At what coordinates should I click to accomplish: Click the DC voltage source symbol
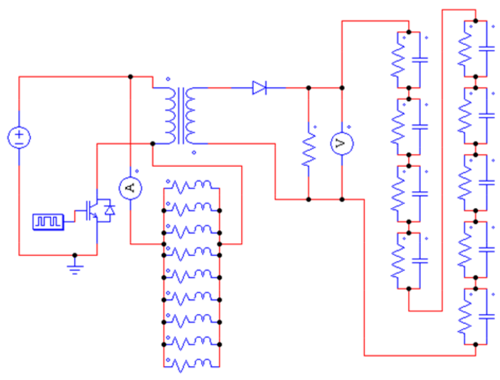[x=19, y=138]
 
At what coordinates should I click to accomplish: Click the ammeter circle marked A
[x=130, y=188]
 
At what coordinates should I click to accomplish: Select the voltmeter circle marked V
[x=342, y=144]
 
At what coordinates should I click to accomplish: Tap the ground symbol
[x=75, y=269]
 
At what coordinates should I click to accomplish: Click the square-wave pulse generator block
[x=48, y=222]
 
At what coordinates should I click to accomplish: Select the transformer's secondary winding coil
[x=190, y=116]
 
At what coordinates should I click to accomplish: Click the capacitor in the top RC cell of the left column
[x=420, y=60]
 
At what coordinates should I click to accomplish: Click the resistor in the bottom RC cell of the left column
[x=398, y=261]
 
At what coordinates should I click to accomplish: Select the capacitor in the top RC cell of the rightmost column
[x=487, y=49]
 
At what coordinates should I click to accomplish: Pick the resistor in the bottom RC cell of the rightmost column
[x=465, y=317]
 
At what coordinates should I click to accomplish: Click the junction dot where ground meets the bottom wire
[x=75, y=255]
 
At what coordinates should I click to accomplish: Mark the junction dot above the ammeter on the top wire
[x=130, y=77]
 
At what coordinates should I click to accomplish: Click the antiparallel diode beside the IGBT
[x=110, y=210]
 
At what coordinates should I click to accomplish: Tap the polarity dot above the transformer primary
[x=168, y=79]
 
